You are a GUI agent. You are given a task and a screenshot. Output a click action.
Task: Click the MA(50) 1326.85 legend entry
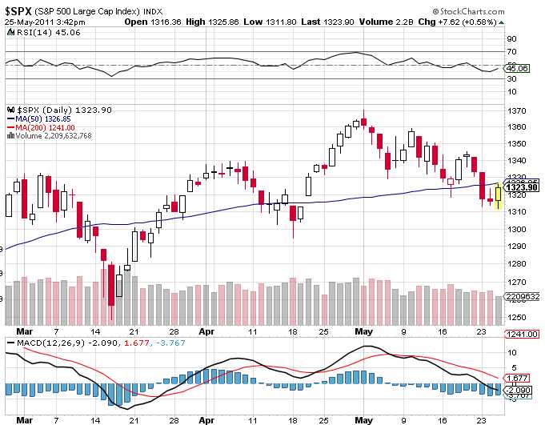pos(42,119)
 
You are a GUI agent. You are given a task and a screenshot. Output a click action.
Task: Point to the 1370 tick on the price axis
pos(518,110)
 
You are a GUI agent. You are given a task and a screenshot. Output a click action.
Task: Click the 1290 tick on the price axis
pos(518,247)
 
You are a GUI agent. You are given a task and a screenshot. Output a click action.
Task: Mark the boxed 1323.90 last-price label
pos(522,187)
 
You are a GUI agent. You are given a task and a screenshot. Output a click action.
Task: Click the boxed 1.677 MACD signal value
pos(518,377)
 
